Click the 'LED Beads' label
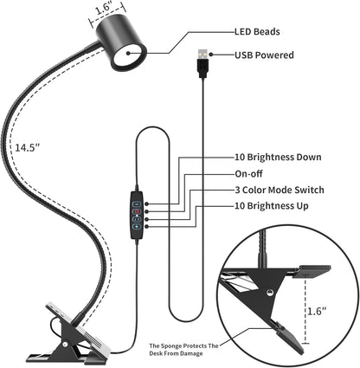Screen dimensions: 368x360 click(x=258, y=32)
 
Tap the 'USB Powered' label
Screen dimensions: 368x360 click(x=264, y=55)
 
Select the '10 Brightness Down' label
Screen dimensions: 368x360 click(x=278, y=158)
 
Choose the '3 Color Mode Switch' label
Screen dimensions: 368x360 click(x=280, y=190)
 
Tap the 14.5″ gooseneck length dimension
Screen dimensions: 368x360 click(x=27, y=147)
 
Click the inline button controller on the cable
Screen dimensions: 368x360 click(x=138, y=215)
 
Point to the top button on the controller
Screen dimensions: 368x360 click(x=138, y=200)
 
